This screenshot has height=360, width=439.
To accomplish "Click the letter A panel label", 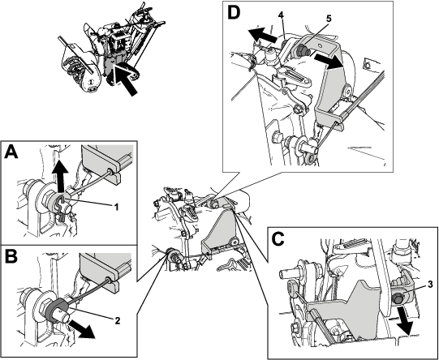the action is [11, 152].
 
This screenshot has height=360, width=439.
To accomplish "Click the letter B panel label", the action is [11, 256].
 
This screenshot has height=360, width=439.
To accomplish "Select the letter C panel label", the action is [278, 239].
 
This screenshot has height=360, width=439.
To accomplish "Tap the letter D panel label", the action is [235, 13].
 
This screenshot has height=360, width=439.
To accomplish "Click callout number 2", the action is [118, 320].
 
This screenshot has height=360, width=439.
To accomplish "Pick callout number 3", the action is [430, 285].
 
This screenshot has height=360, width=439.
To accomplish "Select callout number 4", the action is [281, 15].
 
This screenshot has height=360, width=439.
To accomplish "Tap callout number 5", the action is [329, 19].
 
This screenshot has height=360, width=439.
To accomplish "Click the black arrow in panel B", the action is [82, 329].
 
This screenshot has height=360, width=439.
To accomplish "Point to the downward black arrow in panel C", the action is [404, 319].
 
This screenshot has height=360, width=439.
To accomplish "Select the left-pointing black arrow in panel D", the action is [263, 34].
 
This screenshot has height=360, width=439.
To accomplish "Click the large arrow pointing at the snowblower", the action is [127, 80].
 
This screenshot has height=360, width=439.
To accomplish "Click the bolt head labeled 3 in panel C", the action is [398, 298].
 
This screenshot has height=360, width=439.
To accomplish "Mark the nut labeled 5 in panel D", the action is [302, 50].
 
